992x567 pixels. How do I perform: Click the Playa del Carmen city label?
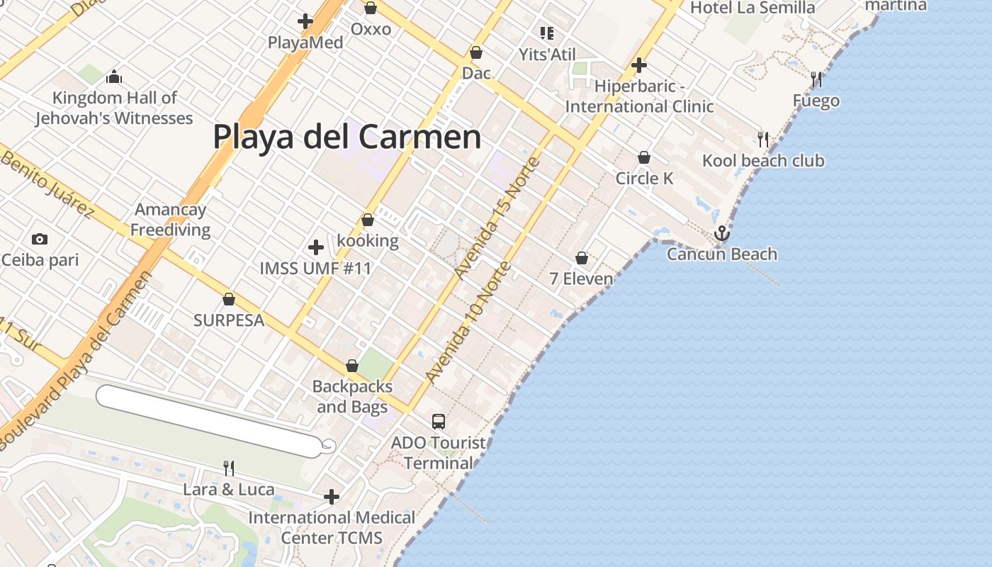pyautogui.click(x=347, y=137)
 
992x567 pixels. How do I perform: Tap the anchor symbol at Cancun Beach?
pyautogui.click(x=721, y=233)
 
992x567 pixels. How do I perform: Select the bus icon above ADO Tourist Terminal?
pyautogui.click(x=439, y=422)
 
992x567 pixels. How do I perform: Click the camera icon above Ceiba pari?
pyautogui.click(x=40, y=239)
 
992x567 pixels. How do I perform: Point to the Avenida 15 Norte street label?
pyautogui.click(x=497, y=218)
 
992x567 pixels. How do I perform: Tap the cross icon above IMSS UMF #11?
pyautogui.click(x=316, y=247)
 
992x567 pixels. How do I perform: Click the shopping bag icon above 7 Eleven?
pyautogui.click(x=582, y=258)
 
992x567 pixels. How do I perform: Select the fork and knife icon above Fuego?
pyautogui.click(x=816, y=79)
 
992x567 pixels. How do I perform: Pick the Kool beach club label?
pyautogui.click(x=763, y=161)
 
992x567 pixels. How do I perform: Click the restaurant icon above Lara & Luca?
pyautogui.click(x=229, y=468)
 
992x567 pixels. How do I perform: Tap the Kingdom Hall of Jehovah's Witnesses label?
pyautogui.click(x=114, y=108)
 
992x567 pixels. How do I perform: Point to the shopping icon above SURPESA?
pyautogui.click(x=229, y=299)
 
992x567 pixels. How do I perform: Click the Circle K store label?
pyautogui.click(x=644, y=178)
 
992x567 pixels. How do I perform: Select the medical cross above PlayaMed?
pyautogui.click(x=305, y=22)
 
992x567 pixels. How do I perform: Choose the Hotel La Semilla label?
pyautogui.click(x=753, y=8)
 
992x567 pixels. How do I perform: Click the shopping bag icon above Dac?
pyautogui.click(x=476, y=52)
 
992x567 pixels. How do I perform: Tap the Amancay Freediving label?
pyautogui.click(x=170, y=220)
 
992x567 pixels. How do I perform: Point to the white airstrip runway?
pyautogui.click(x=209, y=421)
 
